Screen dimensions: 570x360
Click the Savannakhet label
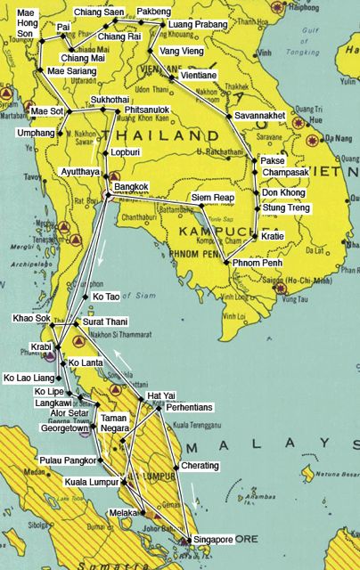(262, 116)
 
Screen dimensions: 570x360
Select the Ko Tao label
(106, 297)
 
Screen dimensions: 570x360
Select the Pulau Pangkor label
(64, 460)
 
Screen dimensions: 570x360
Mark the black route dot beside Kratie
(257, 236)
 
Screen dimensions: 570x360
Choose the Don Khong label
(282, 192)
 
